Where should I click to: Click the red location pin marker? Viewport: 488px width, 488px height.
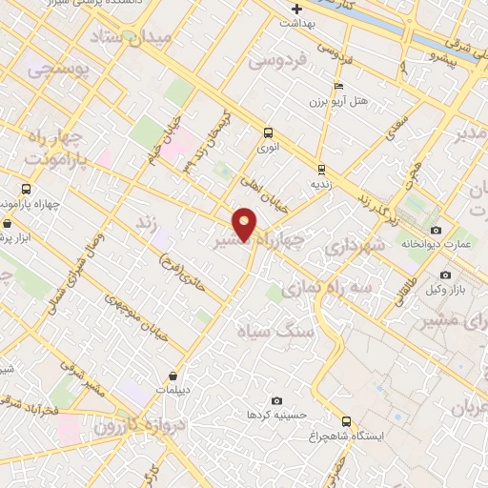pos(245,223)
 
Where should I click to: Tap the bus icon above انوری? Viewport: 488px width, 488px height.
pos(268,133)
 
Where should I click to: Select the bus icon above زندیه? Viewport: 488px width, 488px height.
pos(322,169)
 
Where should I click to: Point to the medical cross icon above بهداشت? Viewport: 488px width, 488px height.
pos(297,10)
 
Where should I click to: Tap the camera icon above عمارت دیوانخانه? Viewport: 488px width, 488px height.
pos(437,231)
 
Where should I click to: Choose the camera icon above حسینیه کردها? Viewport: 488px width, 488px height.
pos(277,401)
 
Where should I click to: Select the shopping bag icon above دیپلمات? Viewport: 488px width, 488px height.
pos(173,376)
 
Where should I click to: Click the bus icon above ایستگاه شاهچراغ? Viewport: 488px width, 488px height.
pos(346,421)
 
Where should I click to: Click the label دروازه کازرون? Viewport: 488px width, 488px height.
pos(132,423)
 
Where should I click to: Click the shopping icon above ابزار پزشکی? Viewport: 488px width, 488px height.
pos(8,223)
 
